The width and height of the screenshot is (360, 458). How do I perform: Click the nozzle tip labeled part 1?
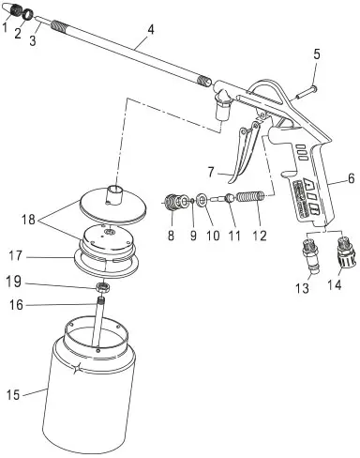[13, 11]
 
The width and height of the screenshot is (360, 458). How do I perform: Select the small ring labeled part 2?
[28, 14]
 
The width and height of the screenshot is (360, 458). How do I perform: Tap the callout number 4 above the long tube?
[151, 30]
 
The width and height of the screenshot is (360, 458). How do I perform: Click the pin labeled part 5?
[307, 93]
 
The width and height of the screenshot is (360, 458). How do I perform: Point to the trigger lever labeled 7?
[246, 152]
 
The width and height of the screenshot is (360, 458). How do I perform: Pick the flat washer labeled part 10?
[202, 201]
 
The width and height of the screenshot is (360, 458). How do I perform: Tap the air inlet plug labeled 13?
[311, 254]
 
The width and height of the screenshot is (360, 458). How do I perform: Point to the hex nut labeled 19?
[103, 286]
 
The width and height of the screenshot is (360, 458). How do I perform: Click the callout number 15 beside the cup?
[13, 395]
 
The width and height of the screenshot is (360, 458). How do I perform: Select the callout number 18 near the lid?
[28, 220]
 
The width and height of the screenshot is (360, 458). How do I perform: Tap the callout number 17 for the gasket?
[16, 256]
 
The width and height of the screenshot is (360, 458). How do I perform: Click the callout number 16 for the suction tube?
[16, 304]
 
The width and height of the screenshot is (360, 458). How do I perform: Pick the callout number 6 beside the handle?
[352, 178]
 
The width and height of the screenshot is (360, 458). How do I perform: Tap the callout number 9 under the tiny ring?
[193, 236]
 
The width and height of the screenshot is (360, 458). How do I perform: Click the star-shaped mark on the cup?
[76, 367]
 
